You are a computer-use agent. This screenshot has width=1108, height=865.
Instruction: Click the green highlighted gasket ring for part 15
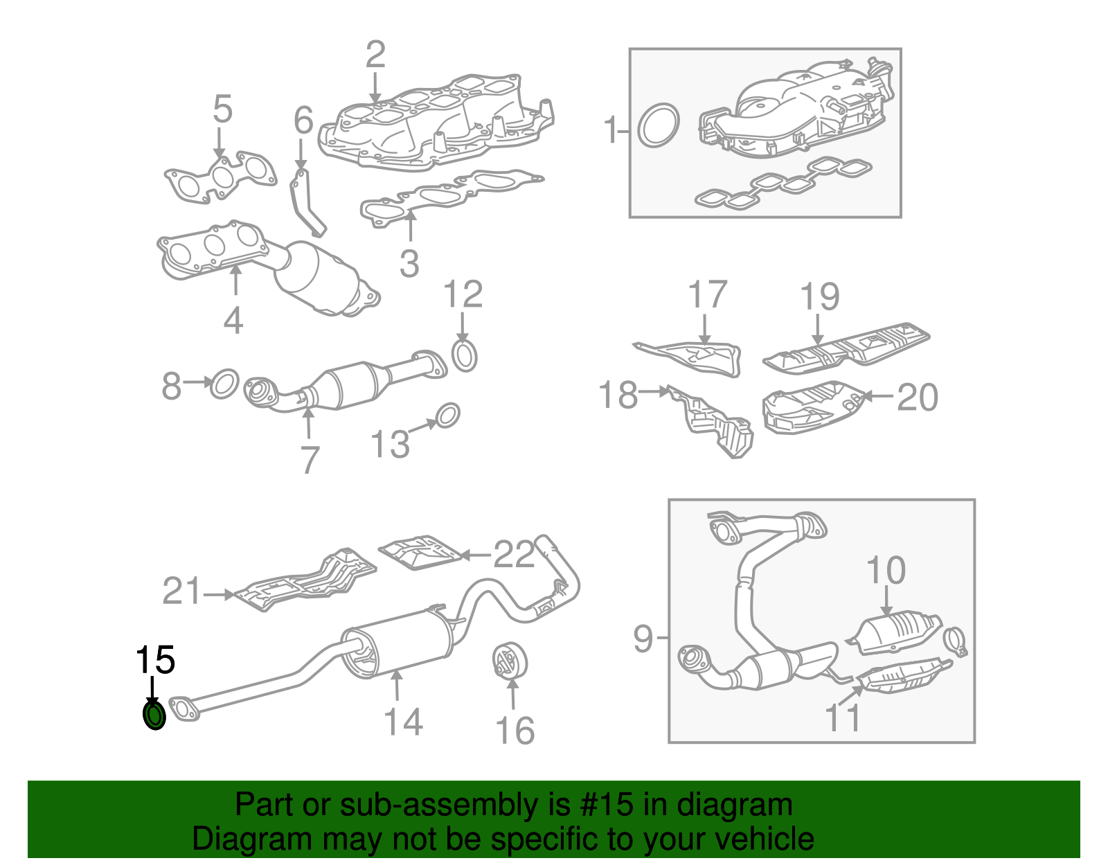[154, 715]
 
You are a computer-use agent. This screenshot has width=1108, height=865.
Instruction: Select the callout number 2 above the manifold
[375, 55]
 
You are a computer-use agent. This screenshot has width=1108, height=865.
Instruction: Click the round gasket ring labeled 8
[224, 383]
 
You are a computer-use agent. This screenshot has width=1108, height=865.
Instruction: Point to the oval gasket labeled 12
[465, 355]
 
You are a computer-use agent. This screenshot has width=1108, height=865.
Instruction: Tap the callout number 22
[514, 554]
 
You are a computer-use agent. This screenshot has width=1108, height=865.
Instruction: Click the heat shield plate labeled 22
[420, 552]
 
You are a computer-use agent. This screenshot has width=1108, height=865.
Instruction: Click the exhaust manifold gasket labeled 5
[220, 178]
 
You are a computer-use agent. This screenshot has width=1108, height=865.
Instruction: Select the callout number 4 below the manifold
[233, 320]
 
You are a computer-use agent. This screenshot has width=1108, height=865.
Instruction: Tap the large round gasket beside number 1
[657, 125]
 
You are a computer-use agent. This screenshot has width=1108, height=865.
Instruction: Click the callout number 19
[820, 296]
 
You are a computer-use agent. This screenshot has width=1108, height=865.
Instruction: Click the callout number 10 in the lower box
[886, 571]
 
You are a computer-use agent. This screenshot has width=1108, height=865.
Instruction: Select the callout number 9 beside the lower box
[643, 638]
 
